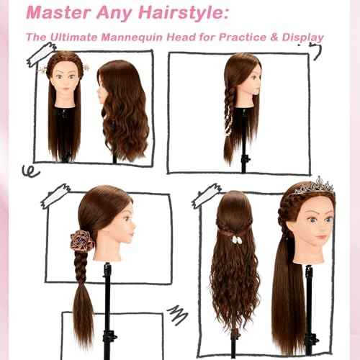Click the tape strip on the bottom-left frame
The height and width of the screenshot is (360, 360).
tap(56, 192)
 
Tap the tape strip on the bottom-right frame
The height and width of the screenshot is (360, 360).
tap(207, 194)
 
